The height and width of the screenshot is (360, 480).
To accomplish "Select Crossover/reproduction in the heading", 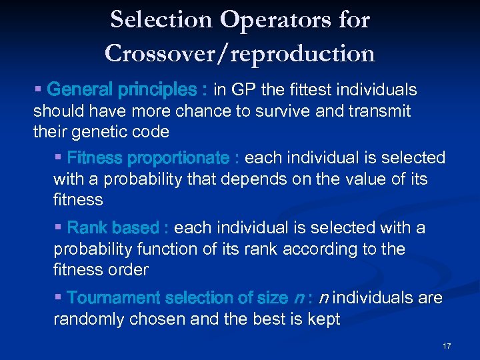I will point(240,53).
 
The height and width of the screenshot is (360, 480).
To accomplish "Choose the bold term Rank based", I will point(113,228).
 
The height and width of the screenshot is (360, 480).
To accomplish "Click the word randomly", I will point(89,319).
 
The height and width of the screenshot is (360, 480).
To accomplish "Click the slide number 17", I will point(447,345).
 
